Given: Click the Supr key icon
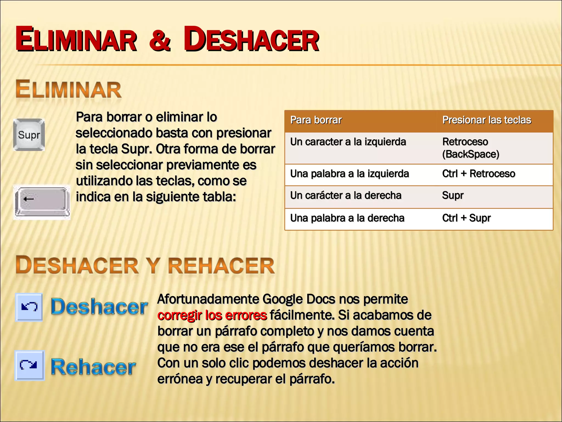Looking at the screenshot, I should (x=29, y=135).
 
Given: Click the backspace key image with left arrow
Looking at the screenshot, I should (x=42, y=202).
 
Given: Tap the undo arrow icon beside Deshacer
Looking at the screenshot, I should (x=29, y=307).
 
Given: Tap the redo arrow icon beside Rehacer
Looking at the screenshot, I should (x=29, y=365).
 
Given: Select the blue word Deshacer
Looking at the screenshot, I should (x=99, y=307).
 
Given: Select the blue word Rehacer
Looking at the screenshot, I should (x=93, y=367).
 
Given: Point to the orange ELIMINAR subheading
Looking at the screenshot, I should (x=68, y=90).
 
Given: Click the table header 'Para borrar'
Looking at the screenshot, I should (x=316, y=120).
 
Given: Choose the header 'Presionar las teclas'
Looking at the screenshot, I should (x=487, y=120).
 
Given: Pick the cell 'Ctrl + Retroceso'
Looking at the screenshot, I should (x=479, y=174).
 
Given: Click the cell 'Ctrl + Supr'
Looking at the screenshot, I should (x=466, y=218).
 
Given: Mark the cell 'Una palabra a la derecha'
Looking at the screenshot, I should (x=347, y=218).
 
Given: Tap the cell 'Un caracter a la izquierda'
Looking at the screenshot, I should (x=348, y=142).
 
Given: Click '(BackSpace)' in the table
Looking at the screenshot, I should (x=471, y=154).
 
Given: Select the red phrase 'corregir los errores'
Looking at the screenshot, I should (x=212, y=315).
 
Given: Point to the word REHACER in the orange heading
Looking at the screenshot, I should (x=221, y=266).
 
